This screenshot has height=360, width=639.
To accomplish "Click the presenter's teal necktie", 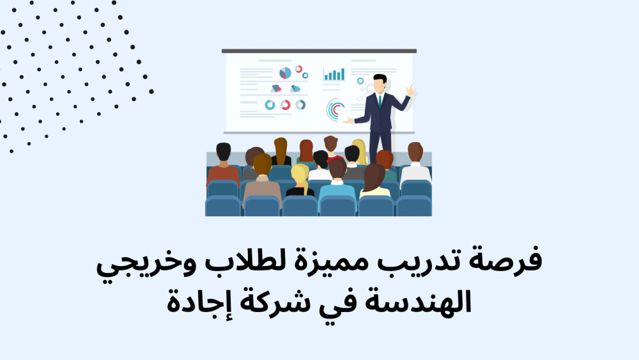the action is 380,102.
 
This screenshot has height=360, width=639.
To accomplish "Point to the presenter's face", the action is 380,85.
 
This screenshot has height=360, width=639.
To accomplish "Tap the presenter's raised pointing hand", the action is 410,90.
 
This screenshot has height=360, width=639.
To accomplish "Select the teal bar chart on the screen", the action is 334,74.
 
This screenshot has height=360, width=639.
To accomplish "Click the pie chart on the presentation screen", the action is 285,73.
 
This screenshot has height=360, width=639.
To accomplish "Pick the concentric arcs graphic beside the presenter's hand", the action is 334,110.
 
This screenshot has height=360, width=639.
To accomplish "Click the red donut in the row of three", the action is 285,106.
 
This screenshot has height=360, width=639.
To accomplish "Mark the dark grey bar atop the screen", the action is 319,51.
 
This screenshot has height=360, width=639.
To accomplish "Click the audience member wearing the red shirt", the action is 332,149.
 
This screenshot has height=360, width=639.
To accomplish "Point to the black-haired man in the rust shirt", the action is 223,163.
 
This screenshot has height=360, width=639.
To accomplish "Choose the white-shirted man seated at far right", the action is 415,162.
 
